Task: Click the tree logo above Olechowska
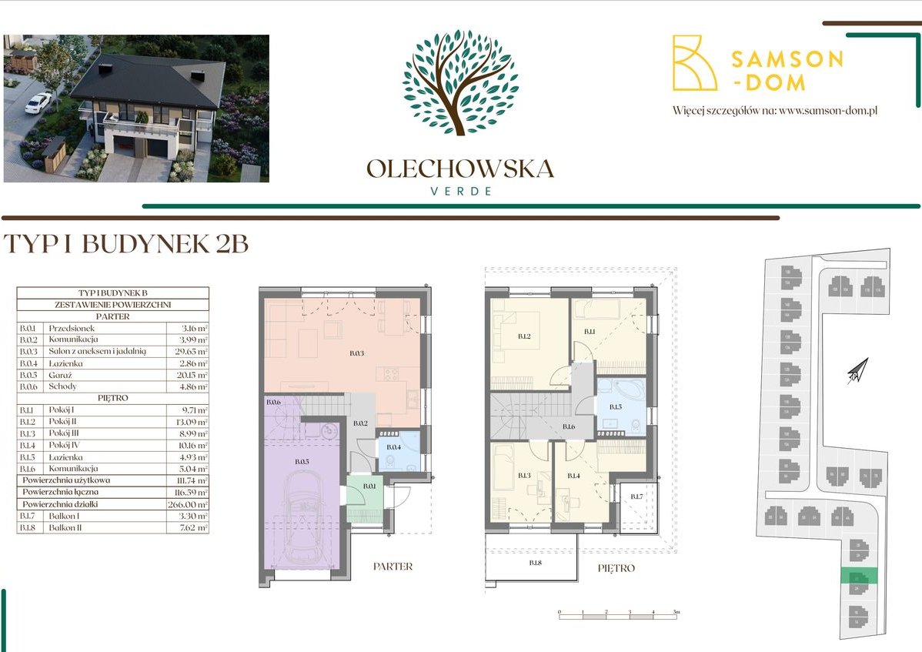(x=459, y=82)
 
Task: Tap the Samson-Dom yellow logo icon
(x=694, y=63)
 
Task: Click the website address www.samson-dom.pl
(x=828, y=111)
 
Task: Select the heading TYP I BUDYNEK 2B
(x=126, y=243)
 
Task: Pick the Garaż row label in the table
(x=62, y=375)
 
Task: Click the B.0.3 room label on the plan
(x=356, y=353)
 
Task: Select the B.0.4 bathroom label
(x=393, y=447)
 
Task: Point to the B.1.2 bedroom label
(x=523, y=336)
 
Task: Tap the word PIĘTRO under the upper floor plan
(x=616, y=568)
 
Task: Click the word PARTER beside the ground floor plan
(x=393, y=567)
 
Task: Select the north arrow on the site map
(x=857, y=371)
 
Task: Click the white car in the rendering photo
(x=38, y=102)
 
